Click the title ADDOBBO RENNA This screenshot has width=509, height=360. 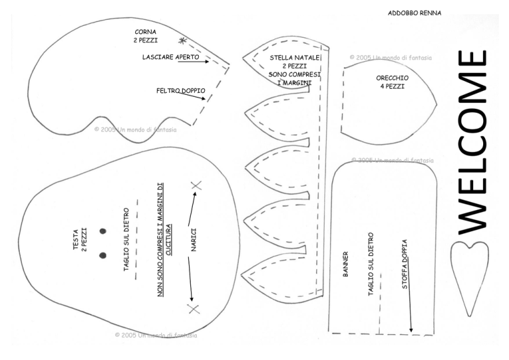coord(414,13)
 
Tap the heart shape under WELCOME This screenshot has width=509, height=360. coord(469,257)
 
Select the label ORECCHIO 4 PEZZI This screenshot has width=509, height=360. coord(392,82)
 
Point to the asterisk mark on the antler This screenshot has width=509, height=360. coord(183,41)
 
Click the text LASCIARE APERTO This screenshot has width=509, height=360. coord(171,57)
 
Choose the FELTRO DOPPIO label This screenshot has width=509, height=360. coord(181,91)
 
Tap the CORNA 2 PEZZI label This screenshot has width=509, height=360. coord(145,36)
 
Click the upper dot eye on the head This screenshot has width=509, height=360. coord(103,231)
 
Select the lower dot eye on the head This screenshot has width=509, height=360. coord(103,255)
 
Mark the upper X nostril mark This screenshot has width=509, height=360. coord(196,186)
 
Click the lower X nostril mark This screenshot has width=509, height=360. coord(194,309)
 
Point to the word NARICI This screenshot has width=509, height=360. coord(194,240)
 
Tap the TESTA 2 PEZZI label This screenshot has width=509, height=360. coord(80,239)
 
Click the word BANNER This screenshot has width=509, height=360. coord(345,265)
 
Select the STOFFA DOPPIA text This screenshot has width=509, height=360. coord(404,265)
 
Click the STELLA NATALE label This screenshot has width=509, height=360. coord(295,58)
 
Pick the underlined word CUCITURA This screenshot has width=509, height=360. coord(168,239)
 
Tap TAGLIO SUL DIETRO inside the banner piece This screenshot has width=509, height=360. coord(370,265)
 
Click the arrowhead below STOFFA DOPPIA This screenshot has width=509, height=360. coord(411,330)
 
